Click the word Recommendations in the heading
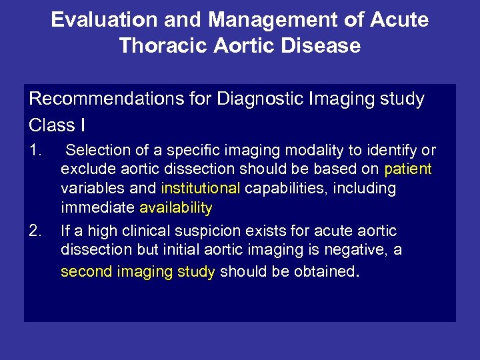[x=99, y=99]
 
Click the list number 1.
[x=35, y=151]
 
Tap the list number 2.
[x=36, y=231]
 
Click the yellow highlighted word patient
[x=408, y=169]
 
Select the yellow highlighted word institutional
[x=201, y=189]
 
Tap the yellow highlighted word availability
[x=175, y=208]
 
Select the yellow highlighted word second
[x=85, y=272]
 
